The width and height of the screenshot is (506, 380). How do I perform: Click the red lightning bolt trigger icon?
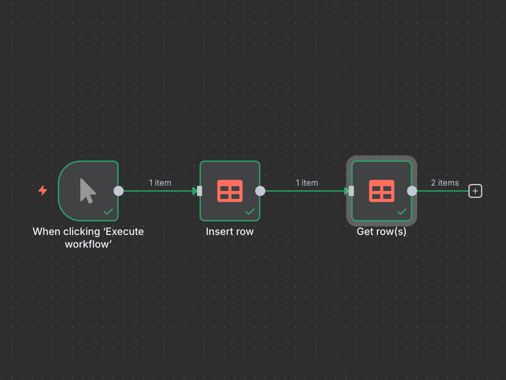click(43, 190)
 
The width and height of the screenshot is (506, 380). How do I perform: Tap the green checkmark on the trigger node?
click(108, 211)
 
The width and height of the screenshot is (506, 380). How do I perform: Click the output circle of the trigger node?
click(119, 191)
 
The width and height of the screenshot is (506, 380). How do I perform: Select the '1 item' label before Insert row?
click(160, 183)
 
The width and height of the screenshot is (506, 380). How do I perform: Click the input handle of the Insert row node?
click(200, 191)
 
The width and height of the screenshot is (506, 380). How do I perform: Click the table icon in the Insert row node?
click(230, 191)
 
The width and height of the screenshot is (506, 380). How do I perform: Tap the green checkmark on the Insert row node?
click(250, 211)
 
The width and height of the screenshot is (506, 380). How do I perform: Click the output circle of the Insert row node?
click(260, 191)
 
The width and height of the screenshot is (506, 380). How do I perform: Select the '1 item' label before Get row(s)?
click(307, 183)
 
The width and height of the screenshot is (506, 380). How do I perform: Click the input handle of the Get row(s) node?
click(351, 191)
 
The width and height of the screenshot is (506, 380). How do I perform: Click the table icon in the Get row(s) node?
click(382, 191)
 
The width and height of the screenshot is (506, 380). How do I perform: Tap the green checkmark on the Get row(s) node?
click(402, 211)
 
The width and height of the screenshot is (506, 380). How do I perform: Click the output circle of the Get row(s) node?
click(412, 191)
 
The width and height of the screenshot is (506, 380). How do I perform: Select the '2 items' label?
click(445, 183)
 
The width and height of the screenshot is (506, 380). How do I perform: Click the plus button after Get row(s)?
click(475, 191)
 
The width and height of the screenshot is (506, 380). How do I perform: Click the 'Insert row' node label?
click(230, 231)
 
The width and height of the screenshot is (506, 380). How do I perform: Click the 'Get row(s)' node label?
click(381, 231)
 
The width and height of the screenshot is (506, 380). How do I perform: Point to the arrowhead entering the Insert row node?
click(194, 191)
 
